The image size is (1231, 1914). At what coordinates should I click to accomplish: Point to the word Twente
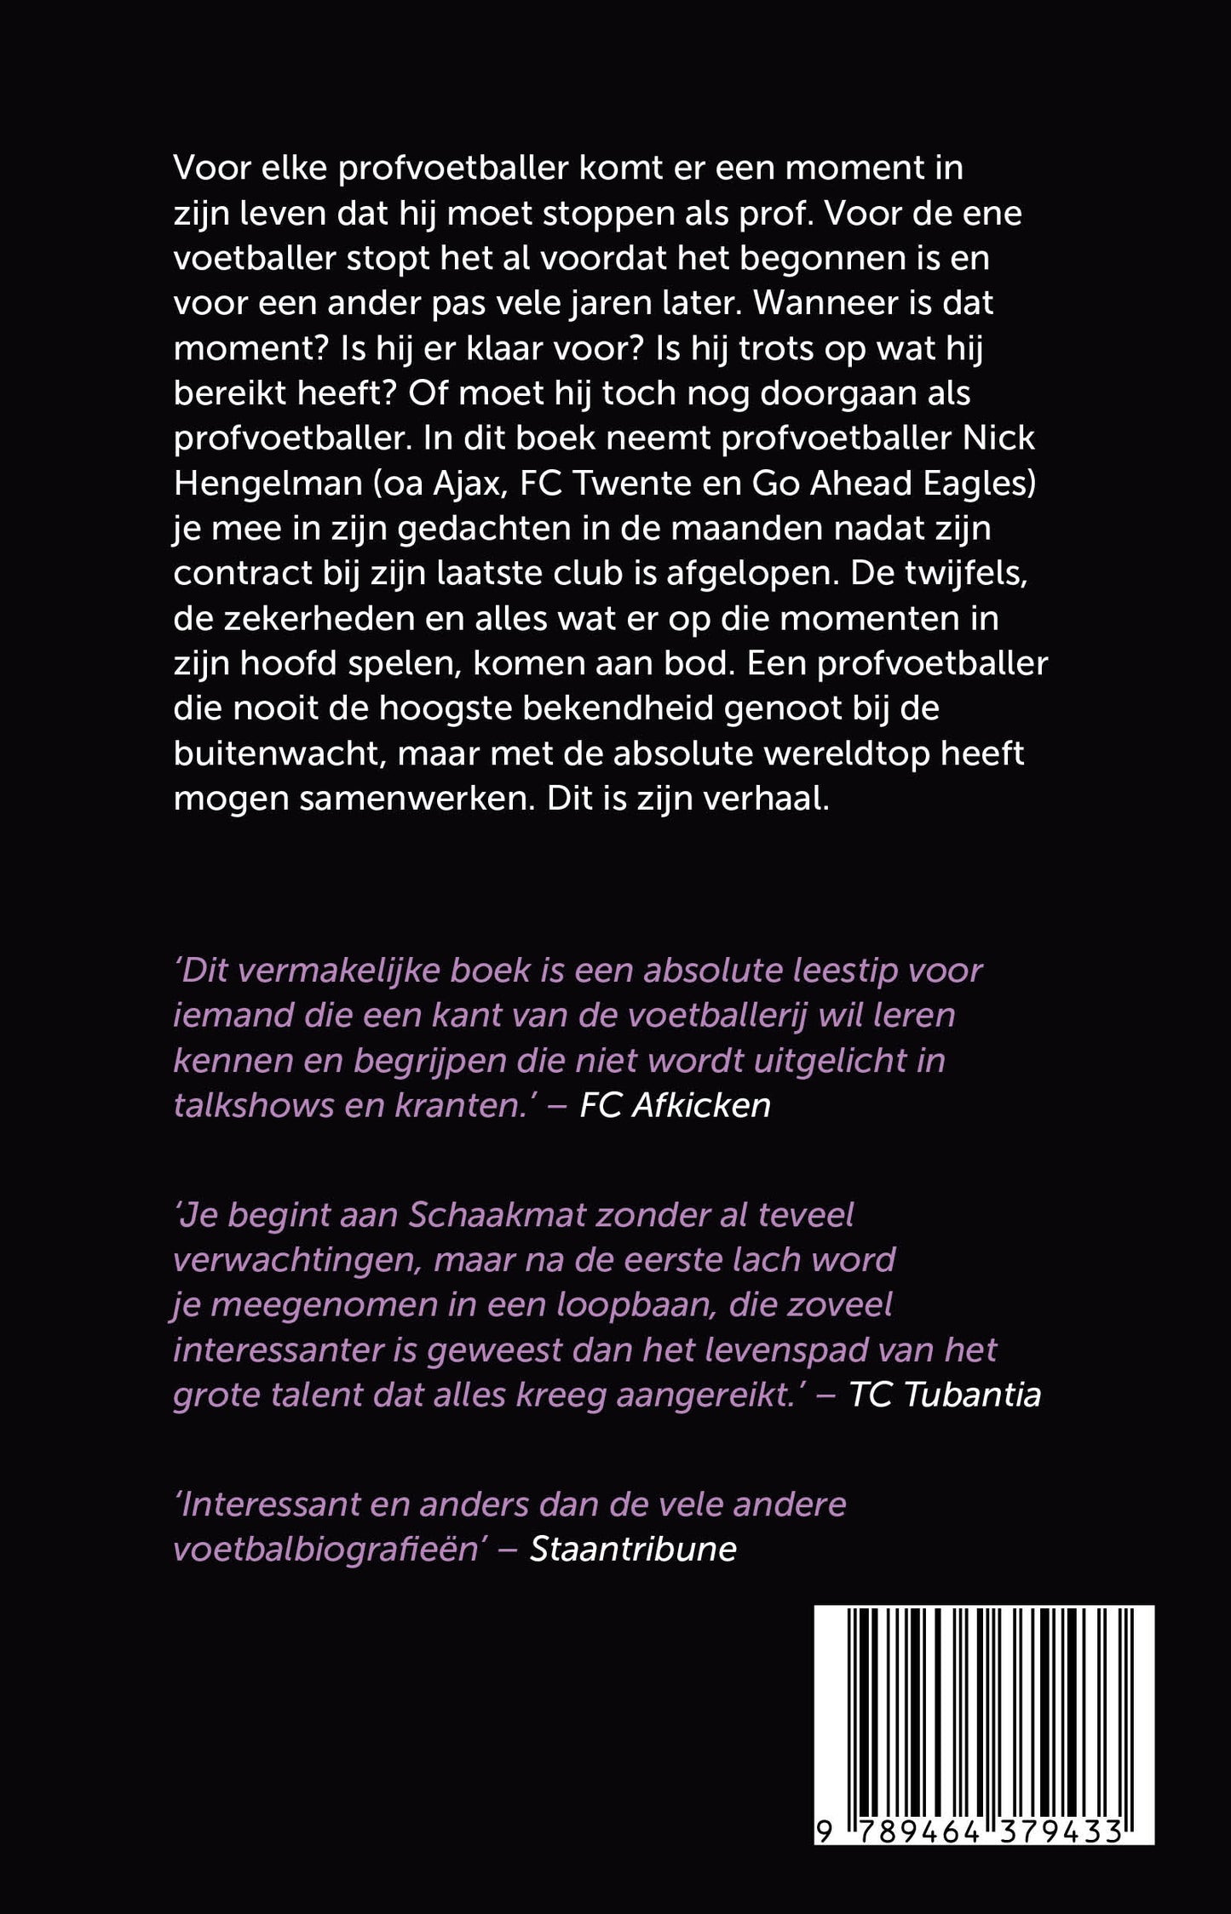pos(635,483)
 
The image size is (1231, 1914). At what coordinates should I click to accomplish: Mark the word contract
pos(239,573)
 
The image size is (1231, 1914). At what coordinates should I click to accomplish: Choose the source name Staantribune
pos(633,1548)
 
